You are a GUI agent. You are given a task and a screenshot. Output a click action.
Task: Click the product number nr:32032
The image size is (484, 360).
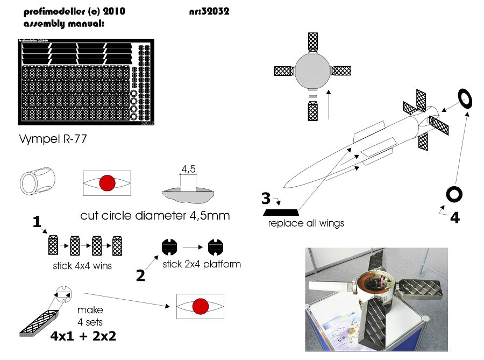(210, 11)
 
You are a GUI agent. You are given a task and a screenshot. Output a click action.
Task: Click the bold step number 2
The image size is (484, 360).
(140, 276)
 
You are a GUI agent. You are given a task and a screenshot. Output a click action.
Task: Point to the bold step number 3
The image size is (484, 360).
(266, 198)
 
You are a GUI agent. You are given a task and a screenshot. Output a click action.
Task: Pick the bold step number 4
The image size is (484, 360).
(454, 218)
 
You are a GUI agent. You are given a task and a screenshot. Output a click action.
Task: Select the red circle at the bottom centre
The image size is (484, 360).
(200, 306)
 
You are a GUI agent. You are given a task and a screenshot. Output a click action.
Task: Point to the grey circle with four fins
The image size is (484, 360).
(312, 70)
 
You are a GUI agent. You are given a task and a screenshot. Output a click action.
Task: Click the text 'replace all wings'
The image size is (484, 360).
(306, 223)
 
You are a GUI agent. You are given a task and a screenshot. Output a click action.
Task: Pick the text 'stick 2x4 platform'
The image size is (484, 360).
(201, 264)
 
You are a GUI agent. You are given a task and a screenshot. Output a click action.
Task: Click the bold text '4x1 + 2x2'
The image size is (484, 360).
(83, 337)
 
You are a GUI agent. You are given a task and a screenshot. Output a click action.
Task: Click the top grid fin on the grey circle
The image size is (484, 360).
(313, 41)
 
